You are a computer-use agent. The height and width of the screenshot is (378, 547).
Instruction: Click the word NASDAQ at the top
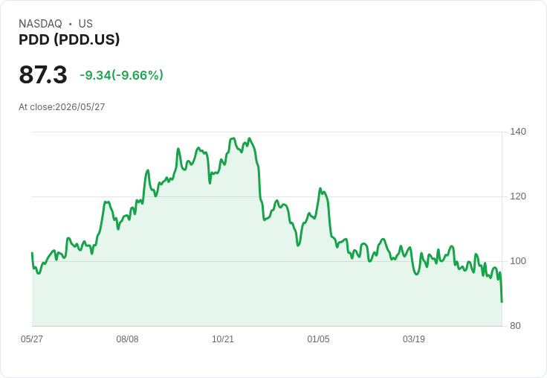pos(40,24)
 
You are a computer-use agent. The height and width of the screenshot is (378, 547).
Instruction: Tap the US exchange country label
pos(85,24)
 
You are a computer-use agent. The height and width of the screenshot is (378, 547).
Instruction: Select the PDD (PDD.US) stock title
pos(69,39)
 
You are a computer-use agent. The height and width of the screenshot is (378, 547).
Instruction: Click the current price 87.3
pos(43,74)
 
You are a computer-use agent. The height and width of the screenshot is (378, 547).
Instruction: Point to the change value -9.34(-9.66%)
pos(121,75)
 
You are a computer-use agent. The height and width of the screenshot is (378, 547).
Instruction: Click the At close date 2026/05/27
pos(80,107)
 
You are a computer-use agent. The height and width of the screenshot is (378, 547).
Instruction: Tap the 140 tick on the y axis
pos(518,132)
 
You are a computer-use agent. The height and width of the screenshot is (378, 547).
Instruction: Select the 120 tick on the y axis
pos(518,196)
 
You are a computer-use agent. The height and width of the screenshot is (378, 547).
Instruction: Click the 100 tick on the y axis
pos(518,261)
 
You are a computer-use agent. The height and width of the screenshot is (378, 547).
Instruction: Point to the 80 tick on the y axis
pos(515,326)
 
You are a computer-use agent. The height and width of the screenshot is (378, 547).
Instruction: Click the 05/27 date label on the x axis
pos(32,339)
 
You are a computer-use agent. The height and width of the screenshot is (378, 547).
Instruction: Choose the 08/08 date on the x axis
pos(127,339)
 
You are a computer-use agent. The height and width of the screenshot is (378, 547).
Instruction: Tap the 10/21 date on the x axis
pos(223,339)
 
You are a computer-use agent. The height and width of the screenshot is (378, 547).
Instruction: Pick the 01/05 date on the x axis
pos(318,339)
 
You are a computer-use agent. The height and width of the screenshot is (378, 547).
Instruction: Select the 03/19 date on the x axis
pos(414,339)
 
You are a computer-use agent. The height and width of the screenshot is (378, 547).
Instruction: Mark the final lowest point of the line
pos(502,302)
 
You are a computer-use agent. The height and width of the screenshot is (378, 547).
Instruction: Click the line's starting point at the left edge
pos(32,252)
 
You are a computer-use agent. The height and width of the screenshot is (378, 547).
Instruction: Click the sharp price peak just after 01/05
pos(320,189)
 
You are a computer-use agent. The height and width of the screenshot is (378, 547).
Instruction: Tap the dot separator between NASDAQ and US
pos(71,24)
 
